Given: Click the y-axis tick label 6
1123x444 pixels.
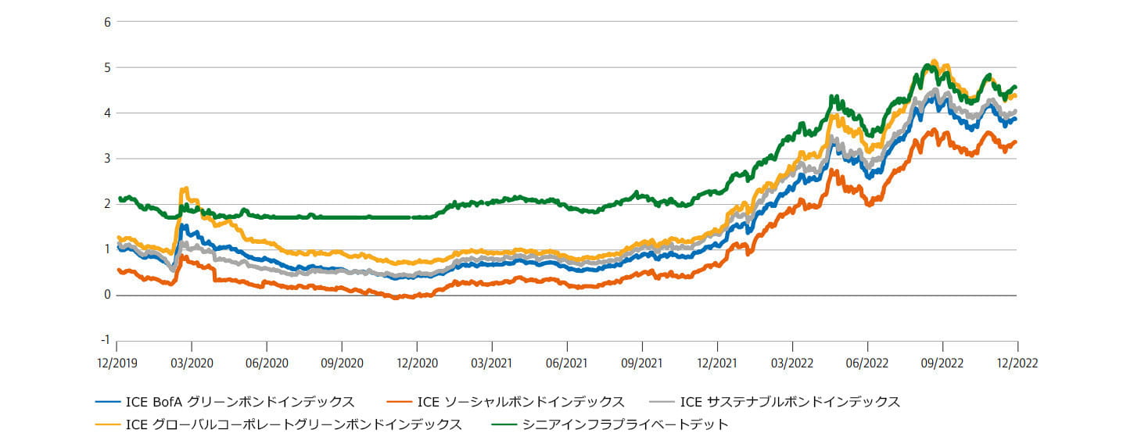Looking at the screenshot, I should [x=108, y=22].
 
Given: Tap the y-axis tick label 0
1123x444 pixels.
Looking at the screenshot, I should [x=108, y=295].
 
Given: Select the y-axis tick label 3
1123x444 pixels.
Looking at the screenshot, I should [x=108, y=159].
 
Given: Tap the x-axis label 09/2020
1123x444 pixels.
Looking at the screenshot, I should [x=342, y=363].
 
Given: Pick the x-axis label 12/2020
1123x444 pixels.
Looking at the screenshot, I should [x=417, y=363].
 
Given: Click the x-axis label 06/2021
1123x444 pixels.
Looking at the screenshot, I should [x=567, y=363].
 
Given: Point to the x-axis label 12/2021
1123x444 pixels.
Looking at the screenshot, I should [x=717, y=363].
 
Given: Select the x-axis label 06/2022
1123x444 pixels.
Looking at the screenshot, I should [x=867, y=363].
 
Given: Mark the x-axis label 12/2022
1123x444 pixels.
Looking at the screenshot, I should [x=1017, y=363].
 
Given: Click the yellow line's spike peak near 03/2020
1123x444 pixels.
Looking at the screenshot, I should [x=185, y=188].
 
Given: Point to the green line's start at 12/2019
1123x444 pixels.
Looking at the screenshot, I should [x=119, y=199].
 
